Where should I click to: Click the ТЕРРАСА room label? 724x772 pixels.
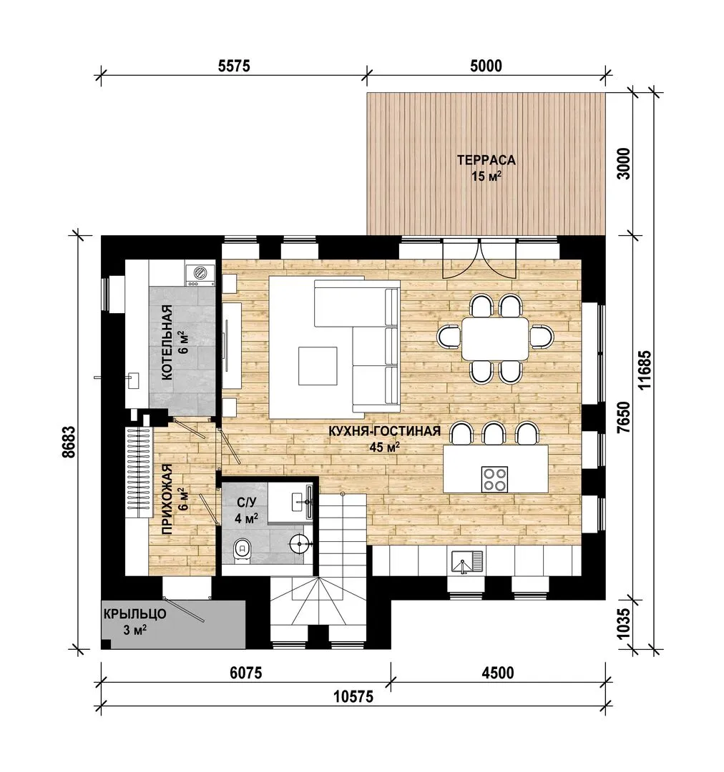(x=486, y=161)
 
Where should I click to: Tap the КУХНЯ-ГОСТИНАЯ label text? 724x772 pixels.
(x=384, y=431)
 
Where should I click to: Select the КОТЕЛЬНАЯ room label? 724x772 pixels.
(x=167, y=342)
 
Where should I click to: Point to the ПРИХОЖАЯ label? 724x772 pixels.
(x=167, y=499)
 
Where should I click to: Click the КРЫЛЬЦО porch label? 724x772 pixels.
(x=134, y=614)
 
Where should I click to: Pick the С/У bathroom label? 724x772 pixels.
(x=246, y=503)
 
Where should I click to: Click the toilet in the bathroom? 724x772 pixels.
(x=242, y=548)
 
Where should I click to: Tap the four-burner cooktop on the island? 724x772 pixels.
(x=494, y=478)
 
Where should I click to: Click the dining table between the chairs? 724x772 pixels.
(x=495, y=338)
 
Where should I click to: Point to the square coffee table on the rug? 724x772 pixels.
(x=318, y=365)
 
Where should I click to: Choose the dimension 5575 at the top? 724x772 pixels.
(x=234, y=66)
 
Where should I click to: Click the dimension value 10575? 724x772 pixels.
(x=353, y=697)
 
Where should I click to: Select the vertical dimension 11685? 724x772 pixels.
(x=645, y=370)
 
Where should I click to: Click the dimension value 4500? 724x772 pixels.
(x=497, y=673)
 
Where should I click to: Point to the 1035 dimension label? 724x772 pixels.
(x=623, y=624)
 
